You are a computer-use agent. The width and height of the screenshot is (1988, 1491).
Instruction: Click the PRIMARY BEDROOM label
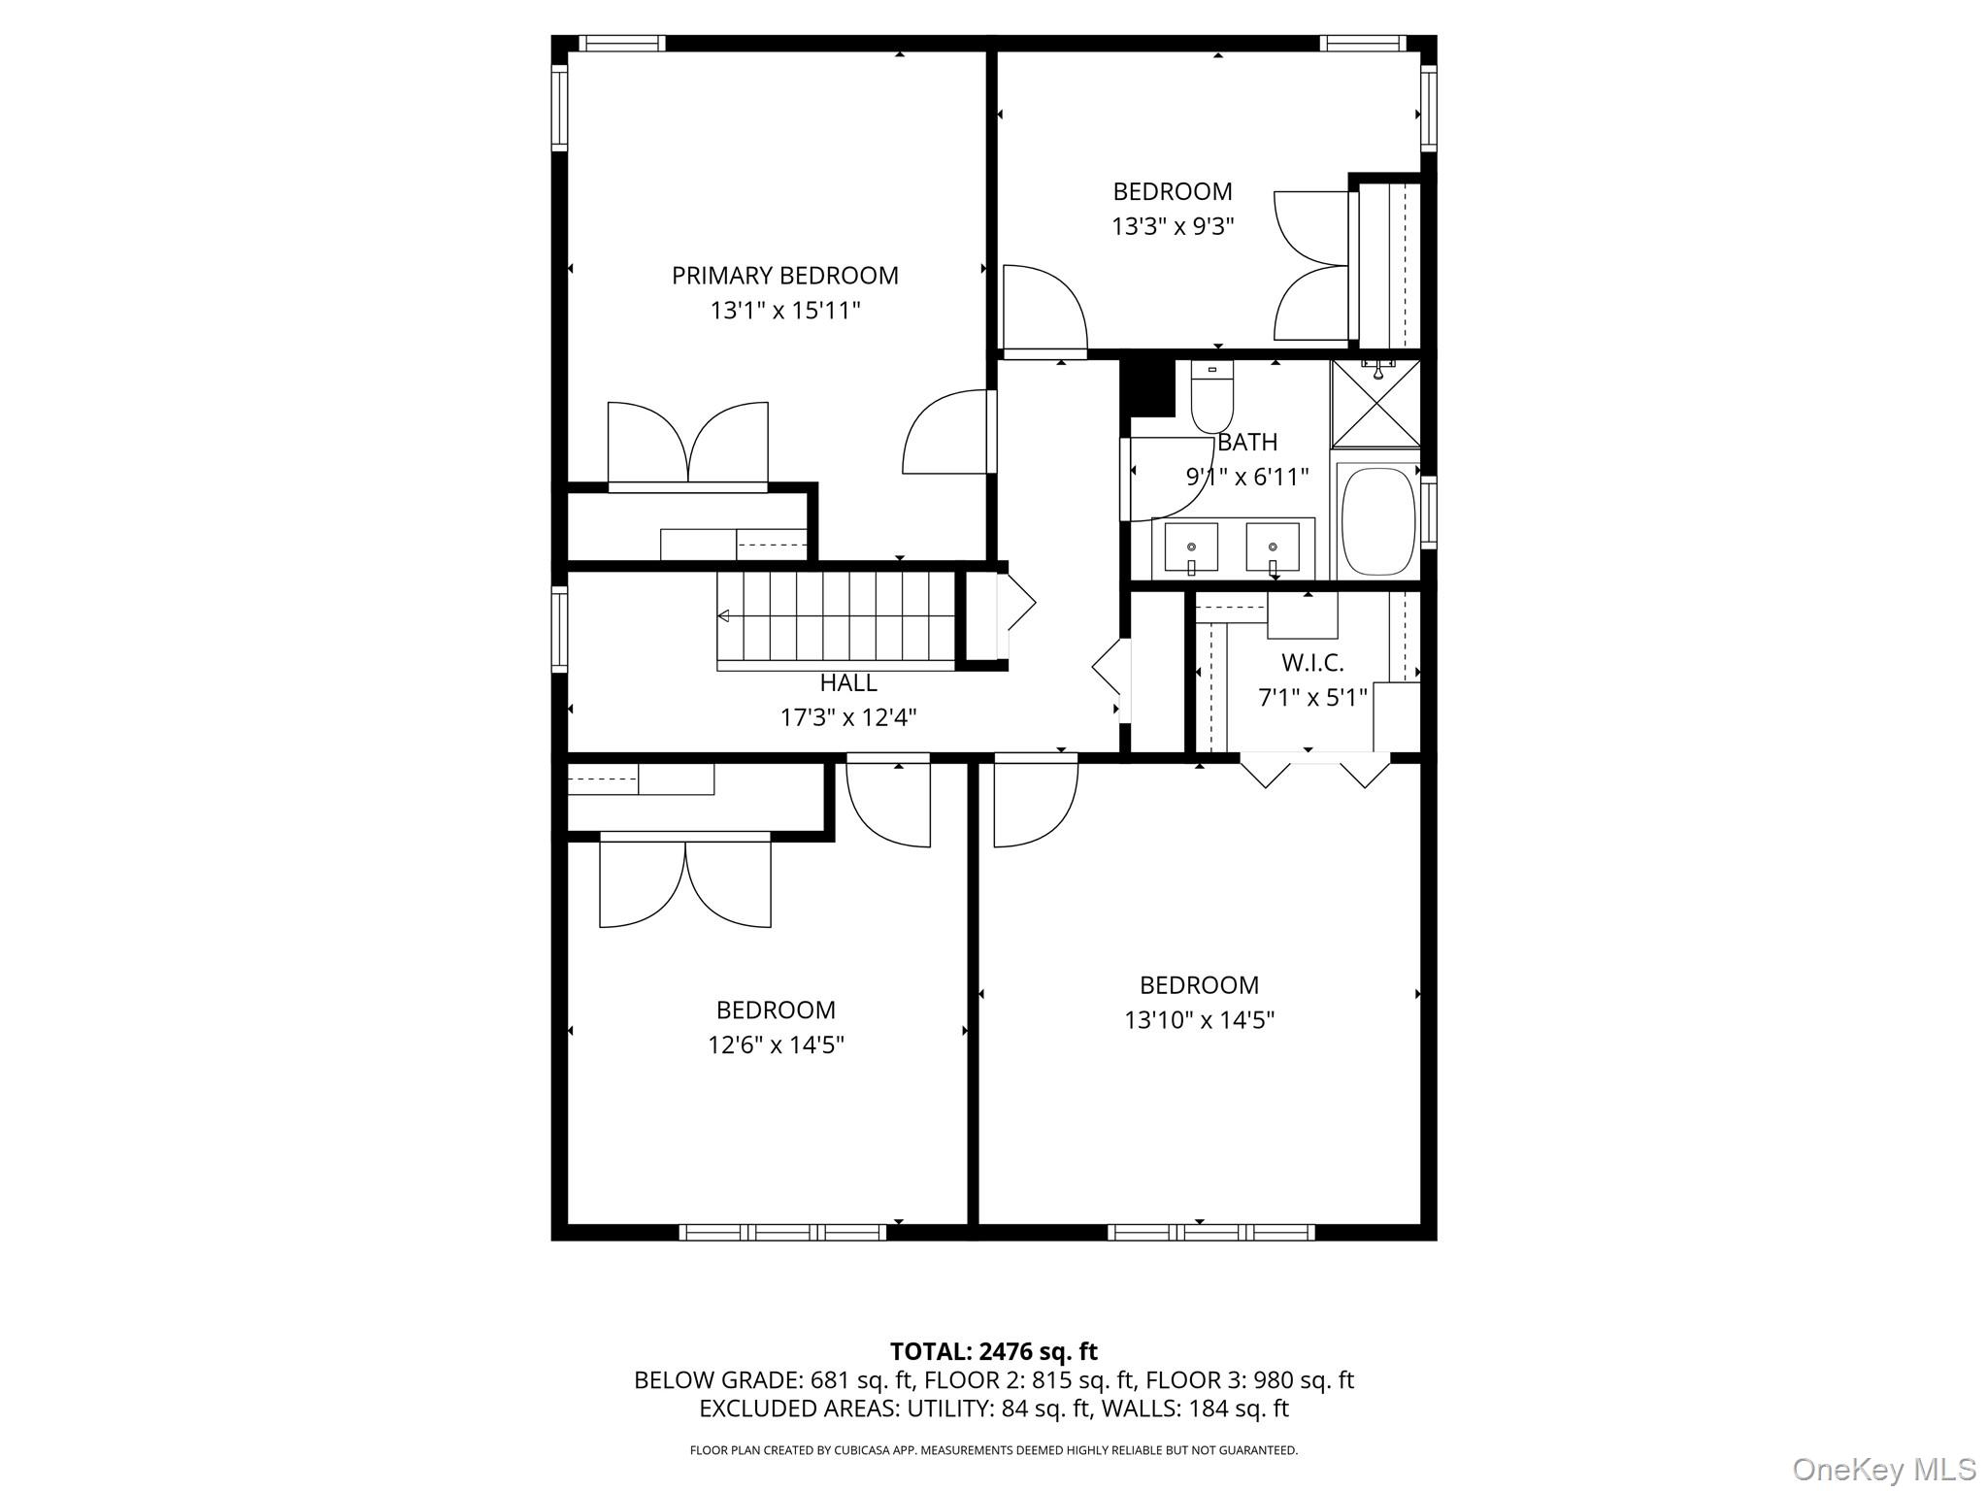[x=784, y=276]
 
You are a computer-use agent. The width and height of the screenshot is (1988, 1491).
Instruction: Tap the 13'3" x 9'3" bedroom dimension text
[x=1173, y=227]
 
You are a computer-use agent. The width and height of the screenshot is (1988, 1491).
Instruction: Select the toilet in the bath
[x=1211, y=400]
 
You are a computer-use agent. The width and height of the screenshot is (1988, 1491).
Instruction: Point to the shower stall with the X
[x=1375, y=404]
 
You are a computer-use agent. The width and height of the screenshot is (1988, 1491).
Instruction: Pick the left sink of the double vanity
[x=1191, y=547]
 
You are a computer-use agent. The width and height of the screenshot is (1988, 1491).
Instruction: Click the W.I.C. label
[x=1312, y=663]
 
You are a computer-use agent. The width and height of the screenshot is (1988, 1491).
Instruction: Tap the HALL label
[x=848, y=683]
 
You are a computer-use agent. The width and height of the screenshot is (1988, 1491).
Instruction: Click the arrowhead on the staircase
[x=723, y=615]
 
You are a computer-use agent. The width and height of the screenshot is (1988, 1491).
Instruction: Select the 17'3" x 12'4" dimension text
[x=848, y=718]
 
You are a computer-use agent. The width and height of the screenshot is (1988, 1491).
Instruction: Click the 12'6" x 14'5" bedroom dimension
[x=776, y=1045]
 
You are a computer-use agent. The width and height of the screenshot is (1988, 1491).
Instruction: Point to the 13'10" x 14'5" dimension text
[x=1199, y=1020]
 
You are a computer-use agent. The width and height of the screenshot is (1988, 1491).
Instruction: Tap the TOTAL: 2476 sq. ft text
[x=993, y=1351]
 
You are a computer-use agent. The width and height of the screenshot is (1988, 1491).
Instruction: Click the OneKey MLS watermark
[x=1883, y=1469]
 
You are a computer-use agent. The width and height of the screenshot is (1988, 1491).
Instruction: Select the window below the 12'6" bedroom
[x=782, y=1233]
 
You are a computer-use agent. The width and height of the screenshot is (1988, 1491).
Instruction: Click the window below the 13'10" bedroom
[x=1211, y=1233]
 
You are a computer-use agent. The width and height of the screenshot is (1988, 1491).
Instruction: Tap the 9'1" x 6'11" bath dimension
[x=1247, y=478]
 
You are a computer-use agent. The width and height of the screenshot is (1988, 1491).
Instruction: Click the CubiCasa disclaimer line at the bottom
[x=993, y=1450]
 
